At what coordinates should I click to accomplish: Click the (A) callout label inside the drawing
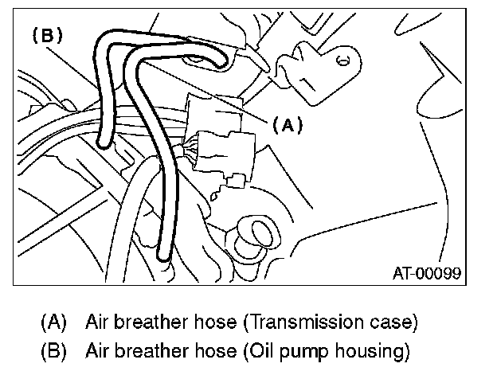pos(288,125)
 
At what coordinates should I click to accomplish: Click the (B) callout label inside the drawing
pos(46,35)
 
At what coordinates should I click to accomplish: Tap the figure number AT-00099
pos(427,273)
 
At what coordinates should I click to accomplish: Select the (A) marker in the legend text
pos(55,323)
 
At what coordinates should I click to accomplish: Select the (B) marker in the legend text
pos(55,350)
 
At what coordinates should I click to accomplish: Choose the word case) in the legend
pos(395,323)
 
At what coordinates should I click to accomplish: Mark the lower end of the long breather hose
pos(163,256)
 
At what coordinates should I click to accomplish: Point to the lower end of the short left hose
pos(101,143)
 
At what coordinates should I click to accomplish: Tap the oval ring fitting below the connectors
pos(257,233)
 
